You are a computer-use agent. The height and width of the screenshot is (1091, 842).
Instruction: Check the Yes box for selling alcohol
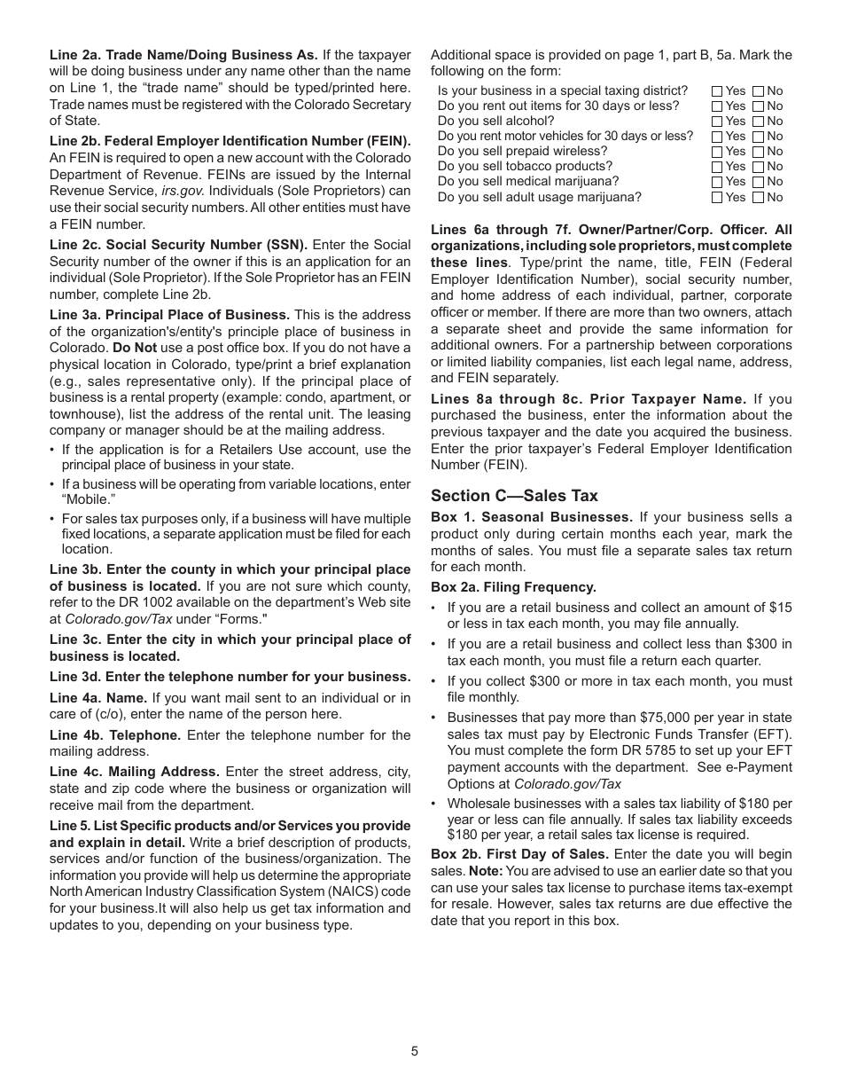(x=717, y=122)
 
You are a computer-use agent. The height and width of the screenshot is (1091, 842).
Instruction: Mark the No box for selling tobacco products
(x=758, y=167)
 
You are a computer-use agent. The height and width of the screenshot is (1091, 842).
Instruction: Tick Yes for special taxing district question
(x=717, y=91)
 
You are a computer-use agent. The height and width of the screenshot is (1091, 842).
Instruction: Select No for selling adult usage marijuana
(x=758, y=198)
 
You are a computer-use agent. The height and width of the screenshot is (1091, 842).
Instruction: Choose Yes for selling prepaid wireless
(x=717, y=152)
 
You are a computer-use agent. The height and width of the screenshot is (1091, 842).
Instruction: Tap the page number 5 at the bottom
(x=414, y=1051)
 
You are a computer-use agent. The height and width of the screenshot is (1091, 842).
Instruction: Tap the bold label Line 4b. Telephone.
(x=115, y=735)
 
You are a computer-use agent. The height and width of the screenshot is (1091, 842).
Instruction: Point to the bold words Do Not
(x=134, y=348)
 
